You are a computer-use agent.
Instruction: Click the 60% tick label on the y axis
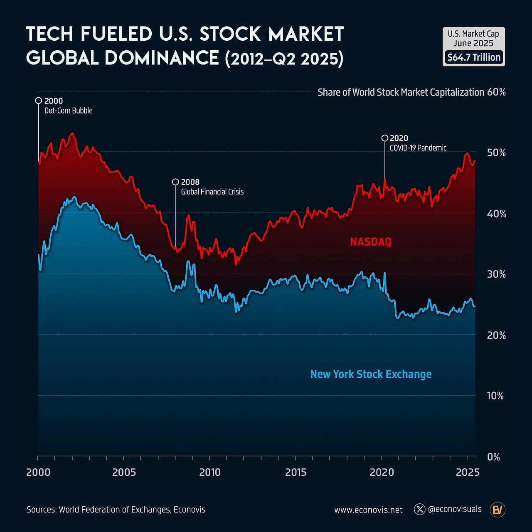tap(496, 92)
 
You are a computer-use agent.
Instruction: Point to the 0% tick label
tap(493, 457)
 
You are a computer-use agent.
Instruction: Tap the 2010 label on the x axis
tap(209, 472)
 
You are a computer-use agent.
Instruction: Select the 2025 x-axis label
tap(468, 472)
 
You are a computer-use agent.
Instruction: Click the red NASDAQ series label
tap(371, 242)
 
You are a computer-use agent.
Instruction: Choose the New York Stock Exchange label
tap(371, 374)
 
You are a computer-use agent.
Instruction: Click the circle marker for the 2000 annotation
tap(39, 101)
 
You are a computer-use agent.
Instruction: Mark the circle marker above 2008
tap(175, 182)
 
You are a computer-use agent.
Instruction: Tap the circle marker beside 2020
tap(385, 138)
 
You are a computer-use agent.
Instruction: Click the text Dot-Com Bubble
tap(69, 111)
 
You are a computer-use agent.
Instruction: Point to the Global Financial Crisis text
tap(212, 192)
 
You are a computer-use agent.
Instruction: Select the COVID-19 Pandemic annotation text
tap(418, 148)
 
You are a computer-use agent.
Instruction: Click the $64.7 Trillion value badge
tap(474, 57)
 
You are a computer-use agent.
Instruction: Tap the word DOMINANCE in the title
tap(162, 58)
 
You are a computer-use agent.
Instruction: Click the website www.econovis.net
tap(368, 510)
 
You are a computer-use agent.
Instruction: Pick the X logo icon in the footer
tap(420, 509)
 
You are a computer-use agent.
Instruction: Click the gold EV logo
tap(498, 510)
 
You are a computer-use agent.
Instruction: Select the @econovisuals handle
tap(455, 509)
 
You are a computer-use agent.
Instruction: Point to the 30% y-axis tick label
tap(496, 274)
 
